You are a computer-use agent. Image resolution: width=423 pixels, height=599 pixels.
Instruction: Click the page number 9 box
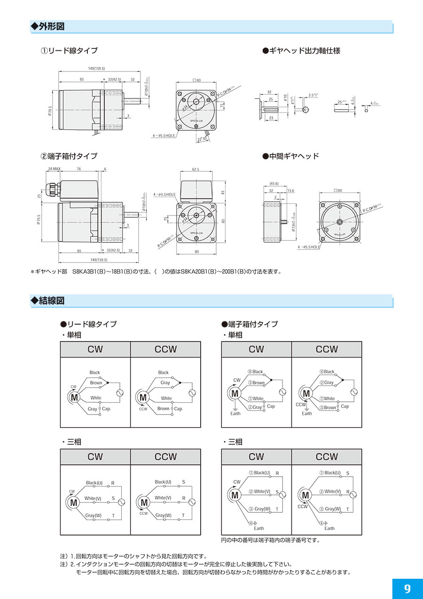407,589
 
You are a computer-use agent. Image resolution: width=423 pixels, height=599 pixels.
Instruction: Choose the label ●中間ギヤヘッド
290,156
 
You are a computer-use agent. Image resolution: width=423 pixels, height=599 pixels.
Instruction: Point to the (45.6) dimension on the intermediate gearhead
273,184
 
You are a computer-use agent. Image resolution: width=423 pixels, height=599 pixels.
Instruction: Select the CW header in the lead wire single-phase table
95,350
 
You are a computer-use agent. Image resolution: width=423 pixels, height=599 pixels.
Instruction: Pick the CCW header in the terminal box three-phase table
327,457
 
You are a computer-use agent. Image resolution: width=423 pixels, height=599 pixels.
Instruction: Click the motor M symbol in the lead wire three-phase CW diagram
73,503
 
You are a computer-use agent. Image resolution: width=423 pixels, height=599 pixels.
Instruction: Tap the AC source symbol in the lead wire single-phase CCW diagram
191,392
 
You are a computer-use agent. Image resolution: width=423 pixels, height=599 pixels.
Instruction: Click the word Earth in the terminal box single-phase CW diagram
235,414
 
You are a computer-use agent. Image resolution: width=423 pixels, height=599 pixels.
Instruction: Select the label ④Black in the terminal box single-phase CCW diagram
327,372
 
